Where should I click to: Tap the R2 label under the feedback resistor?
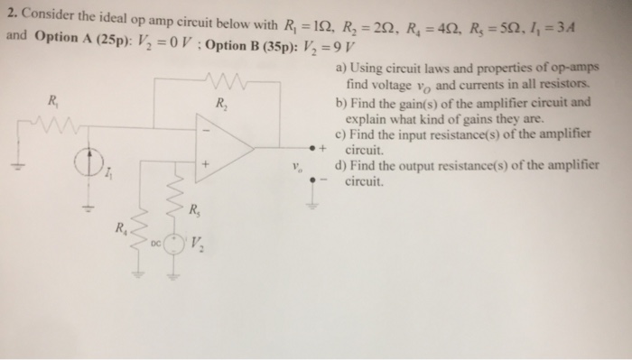(220, 103)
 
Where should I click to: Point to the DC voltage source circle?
(174, 243)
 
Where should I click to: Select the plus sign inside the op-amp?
(207, 166)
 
